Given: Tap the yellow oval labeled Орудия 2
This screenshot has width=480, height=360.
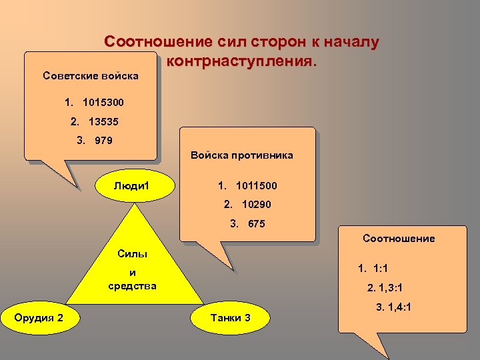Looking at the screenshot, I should [39, 317].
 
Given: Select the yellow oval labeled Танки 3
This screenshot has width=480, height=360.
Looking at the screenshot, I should [230, 317].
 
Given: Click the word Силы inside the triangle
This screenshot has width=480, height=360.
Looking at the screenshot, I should [132, 254].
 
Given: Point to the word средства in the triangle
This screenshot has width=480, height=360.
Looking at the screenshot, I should [132, 286].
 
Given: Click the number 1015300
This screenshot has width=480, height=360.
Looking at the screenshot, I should [103, 103].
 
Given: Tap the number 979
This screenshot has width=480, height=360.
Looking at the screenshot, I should [103, 141].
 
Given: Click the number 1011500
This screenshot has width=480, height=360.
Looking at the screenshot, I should [257, 185].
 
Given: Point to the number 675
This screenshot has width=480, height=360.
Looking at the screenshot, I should [256, 223].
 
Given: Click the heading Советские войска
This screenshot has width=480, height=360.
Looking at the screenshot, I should [91, 75].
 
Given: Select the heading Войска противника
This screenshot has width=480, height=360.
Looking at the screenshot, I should [241, 155].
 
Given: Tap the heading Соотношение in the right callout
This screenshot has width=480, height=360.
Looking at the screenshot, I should [399, 238].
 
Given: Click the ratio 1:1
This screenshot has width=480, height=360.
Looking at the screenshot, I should [383, 269].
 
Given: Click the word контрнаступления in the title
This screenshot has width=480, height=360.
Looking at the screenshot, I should [241, 61].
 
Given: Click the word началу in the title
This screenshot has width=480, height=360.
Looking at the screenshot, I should [350, 42].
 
